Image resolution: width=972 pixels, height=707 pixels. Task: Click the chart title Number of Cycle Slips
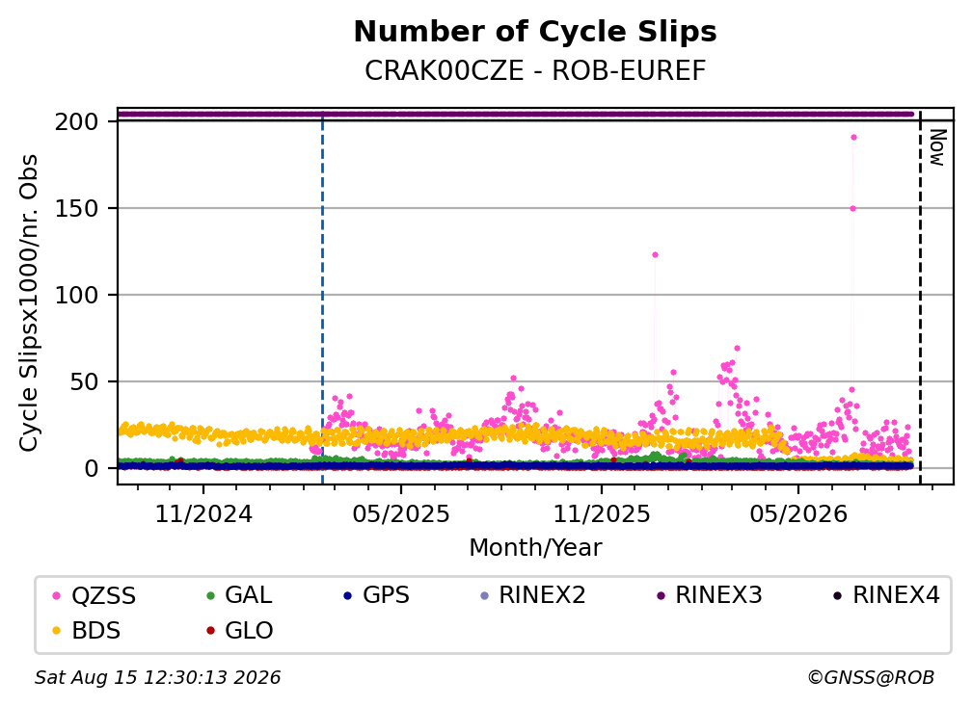(535, 32)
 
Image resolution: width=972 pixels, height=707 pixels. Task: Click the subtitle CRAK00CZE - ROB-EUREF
(535, 70)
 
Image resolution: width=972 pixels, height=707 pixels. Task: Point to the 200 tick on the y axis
(77, 122)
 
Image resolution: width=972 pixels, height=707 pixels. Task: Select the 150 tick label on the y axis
(77, 209)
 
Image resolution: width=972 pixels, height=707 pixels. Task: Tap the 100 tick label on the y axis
(77, 296)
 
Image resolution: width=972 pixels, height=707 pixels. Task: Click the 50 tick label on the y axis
(84, 382)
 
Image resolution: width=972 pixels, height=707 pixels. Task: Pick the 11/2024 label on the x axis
(203, 513)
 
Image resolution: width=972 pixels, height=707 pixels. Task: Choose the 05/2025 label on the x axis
(401, 513)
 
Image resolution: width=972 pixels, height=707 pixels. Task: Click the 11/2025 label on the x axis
(602, 513)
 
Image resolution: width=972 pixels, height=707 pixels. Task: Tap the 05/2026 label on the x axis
(798, 513)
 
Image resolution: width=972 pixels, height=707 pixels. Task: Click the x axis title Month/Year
(535, 547)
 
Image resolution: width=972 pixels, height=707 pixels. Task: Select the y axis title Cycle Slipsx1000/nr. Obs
(29, 302)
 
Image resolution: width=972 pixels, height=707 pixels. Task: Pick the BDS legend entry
(87, 631)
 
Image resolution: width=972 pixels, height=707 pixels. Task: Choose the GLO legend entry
(240, 631)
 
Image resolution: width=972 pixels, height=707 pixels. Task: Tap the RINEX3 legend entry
(709, 595)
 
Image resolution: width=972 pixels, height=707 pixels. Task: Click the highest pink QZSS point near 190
(853, 138)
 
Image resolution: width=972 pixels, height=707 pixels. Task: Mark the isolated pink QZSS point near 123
(655, 254)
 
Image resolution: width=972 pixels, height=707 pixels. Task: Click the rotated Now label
(938, 147)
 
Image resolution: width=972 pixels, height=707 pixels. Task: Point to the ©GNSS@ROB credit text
(871, 677)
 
